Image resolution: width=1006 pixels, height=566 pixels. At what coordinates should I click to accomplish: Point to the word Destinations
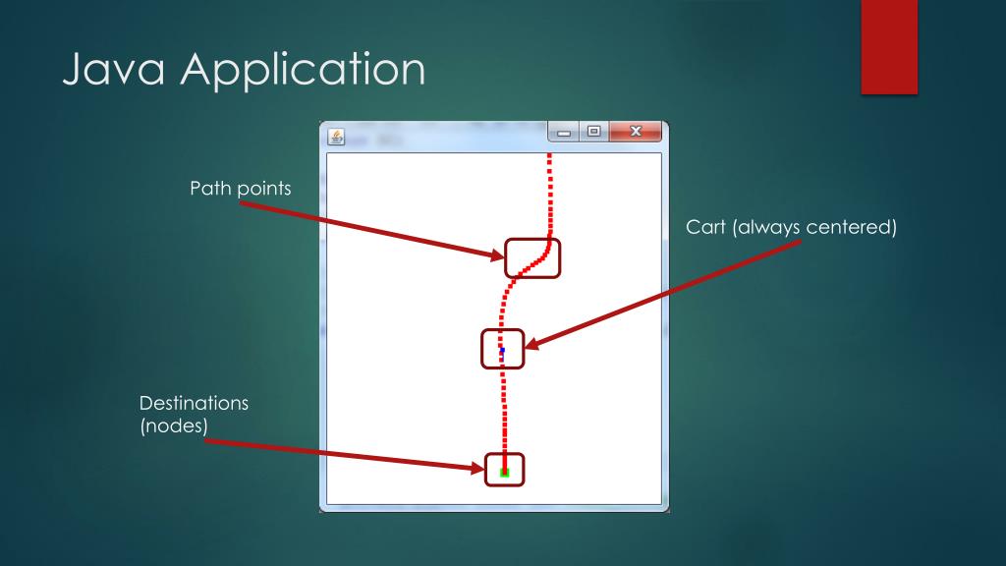coord(194,404)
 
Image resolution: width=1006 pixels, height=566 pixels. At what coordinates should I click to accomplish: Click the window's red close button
coord(635,132)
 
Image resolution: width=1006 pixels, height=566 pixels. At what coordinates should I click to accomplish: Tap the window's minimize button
coord(564,132)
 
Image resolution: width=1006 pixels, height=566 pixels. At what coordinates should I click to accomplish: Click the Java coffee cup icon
coord(337,138)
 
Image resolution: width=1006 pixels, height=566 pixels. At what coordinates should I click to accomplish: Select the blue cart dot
coord(502,350)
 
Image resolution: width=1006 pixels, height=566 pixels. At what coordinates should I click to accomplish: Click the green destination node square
coord(504,473)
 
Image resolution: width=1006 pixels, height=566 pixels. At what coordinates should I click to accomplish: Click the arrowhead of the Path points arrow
coord(499,257)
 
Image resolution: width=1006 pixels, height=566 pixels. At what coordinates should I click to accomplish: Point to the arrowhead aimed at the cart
coord(531,345)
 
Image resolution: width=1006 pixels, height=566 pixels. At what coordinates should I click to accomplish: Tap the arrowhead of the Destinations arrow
coord(478,467)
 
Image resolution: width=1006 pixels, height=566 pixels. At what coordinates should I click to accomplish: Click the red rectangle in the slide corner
coord(888,46)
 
